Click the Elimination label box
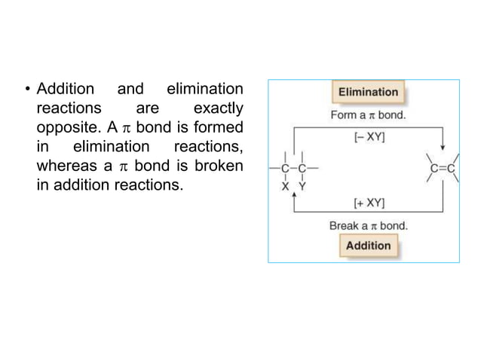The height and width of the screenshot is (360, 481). coord(368,93)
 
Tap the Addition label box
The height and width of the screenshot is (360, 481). coord(369,246)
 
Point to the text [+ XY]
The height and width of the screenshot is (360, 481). coord(369,203)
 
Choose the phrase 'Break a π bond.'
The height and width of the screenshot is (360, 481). coord(369,224)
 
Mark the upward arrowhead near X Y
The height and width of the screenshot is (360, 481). coord(293,194)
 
